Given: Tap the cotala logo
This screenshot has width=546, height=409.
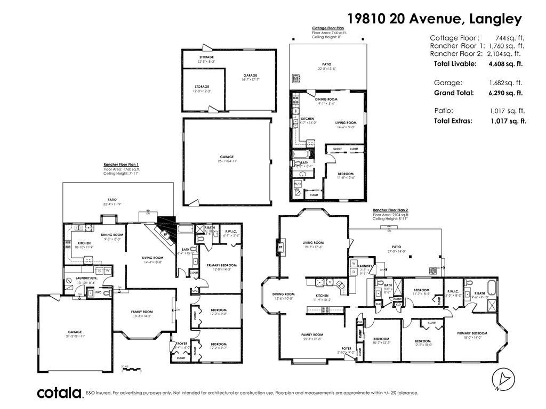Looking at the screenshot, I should (59, 393).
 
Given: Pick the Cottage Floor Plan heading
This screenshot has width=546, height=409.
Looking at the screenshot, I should (328, 27).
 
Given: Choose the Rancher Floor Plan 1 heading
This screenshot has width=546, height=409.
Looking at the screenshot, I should (121, 165).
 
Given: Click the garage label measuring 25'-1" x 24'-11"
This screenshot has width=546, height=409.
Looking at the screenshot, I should (227, 159).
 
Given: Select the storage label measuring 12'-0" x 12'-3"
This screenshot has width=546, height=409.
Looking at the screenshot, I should (202, 88).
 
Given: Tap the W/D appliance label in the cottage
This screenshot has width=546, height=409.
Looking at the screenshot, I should (298, 183).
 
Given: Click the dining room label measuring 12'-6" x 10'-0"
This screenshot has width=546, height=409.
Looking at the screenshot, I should (283, 296).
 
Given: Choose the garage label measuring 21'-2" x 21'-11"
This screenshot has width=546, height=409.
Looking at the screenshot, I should (75, 333).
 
